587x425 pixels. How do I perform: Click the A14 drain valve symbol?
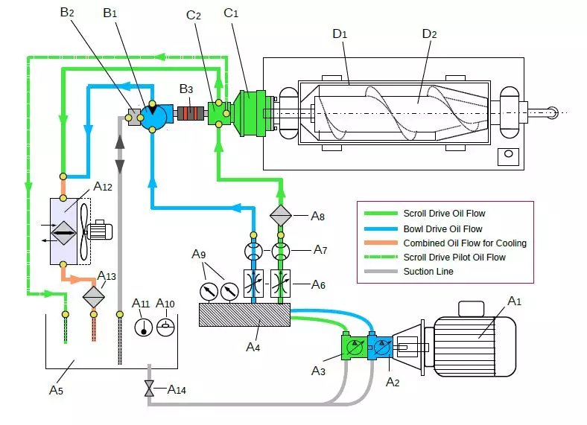coord(149,389)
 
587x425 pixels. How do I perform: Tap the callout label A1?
coord(515,301)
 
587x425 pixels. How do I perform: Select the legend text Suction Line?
coord(428,271)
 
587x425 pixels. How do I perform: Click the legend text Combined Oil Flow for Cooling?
coord(465,243)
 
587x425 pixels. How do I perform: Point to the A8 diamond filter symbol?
coord(280,216)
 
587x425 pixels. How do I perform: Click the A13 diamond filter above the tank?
coord(94,297)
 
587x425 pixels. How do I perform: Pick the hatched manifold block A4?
coord(244,315)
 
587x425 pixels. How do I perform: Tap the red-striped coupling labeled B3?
coord(191,113)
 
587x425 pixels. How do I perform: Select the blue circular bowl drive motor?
coord(153,116)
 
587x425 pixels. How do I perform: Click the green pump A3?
coord(354,348)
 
